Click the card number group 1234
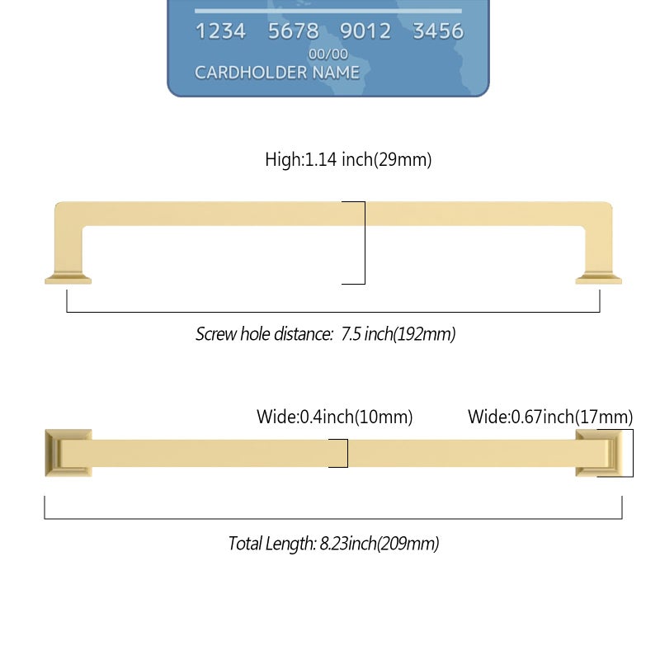pos(220,31)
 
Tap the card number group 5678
pos(294,31)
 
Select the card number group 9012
pos(365,31)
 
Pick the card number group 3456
pos(438,31)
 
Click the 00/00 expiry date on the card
pos(328,54)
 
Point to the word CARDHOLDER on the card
pos(251,73)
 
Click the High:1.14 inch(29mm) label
pos(348,159)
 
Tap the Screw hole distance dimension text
pos(325,334)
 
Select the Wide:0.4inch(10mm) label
pos(335,417)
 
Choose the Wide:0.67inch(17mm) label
pos(550,417)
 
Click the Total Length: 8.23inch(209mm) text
pos(333,544)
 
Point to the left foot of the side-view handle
pos(68,279)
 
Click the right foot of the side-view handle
pos(599,279)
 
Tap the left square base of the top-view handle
pos(68,453)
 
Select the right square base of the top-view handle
pos(599,453)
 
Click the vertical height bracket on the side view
pos(365,243)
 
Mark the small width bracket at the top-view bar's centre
pos(347,453)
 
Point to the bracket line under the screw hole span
pos(333,312)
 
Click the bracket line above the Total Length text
pos(333,519)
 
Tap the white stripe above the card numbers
pos(328,11)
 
